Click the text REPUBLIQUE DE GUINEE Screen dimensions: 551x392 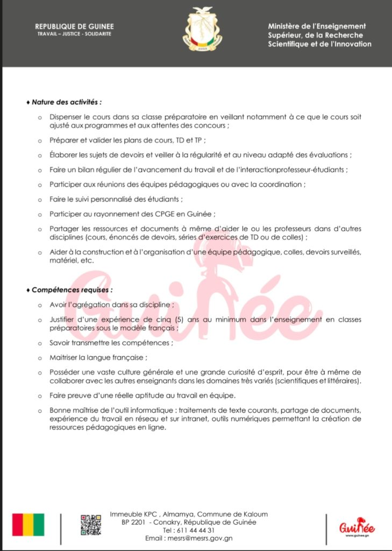(74, 26)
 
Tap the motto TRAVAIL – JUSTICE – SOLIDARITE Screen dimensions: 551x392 (74, 33)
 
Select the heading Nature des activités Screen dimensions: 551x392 (67, 101)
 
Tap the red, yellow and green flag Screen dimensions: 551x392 (28, 525)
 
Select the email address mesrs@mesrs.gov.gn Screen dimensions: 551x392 (202, 538)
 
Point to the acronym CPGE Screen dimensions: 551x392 (152, 214)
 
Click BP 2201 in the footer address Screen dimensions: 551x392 (134, 522)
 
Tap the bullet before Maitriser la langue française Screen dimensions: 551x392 (39, 357)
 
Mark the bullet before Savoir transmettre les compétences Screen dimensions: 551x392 (39, 343)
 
